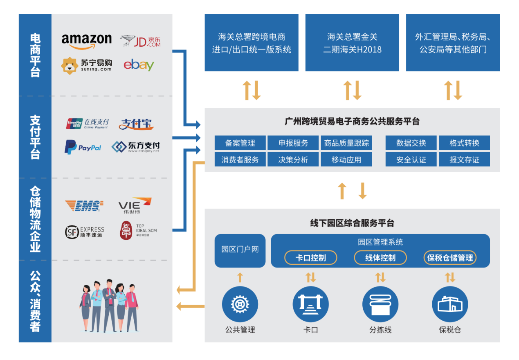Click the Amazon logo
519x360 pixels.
(x=87, y=40)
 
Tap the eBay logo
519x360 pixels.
(x=139, y=65)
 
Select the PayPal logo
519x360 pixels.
(x=83, y=147)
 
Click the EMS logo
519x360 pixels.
(x=84, y=205)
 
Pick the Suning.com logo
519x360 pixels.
(x=86, y=65)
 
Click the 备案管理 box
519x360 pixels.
(x=240, y=143)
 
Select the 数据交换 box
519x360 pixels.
(x=411, y=143)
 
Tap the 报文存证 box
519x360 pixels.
(x=464, y=160)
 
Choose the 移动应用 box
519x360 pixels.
(x=346, y=160)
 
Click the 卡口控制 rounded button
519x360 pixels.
(x=311, y=258)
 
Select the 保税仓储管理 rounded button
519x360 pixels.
(x=450, y=258)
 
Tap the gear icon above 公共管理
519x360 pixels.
(x=240, y=304)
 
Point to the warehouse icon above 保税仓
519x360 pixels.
(x=450, y=304)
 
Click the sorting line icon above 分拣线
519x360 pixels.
(x=380, y=304)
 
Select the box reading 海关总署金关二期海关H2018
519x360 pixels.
(x=352, y=43)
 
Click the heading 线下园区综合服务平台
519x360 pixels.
(x=352, y=223)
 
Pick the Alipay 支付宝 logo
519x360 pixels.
(x=137, y=124)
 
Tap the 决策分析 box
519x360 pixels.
(x=293, y=160)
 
